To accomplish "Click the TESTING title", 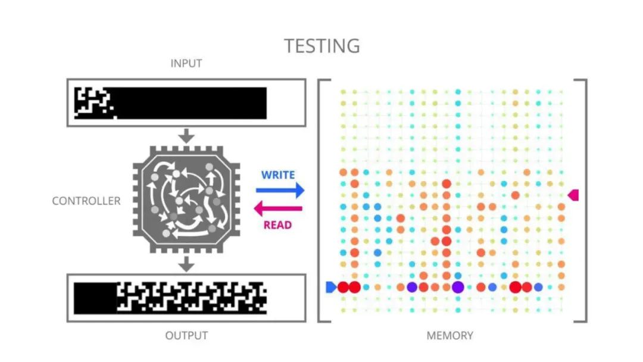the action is pos(321,46).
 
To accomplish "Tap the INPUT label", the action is pos(186,64).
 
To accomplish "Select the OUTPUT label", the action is pos(186,336).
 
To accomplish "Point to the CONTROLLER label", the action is pos(86,201).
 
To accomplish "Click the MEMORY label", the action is pos(450,336).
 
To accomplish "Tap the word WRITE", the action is pos(278,175).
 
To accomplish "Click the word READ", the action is pos(277,225).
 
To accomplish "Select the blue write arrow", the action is pos(280,191).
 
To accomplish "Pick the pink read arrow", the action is pos(278,209).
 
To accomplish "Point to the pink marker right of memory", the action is pos(573,195).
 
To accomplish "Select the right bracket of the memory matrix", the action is pos(584,201).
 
